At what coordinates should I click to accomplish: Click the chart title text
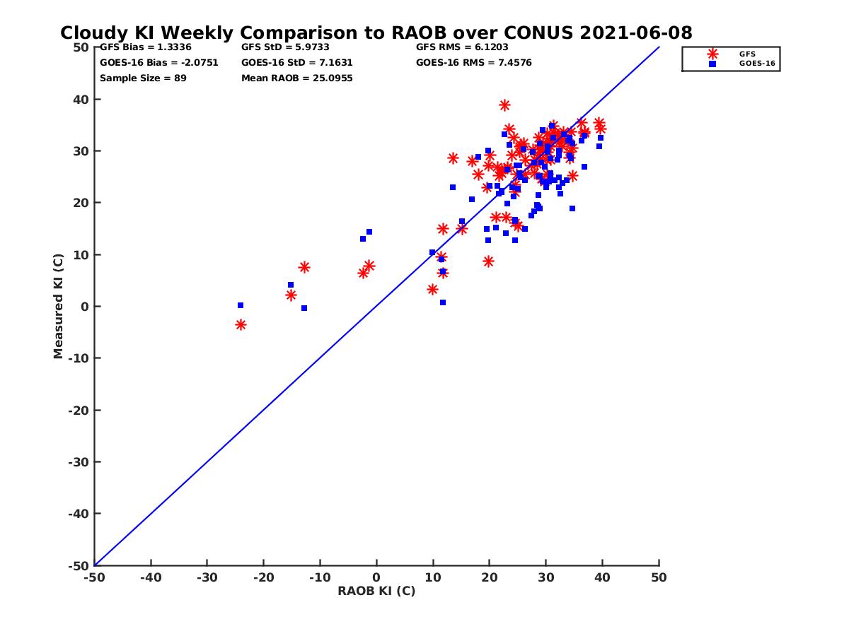(x=376, y=33)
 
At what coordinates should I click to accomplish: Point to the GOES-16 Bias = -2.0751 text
(x=159, y=62)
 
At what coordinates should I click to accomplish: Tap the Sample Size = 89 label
(x=143, y=78)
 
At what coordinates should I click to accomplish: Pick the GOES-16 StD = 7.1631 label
(x=296, y=62)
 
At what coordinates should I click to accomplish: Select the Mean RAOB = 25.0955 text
(x=296, y=78)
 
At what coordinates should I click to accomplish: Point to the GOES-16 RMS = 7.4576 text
(x=473, y=62)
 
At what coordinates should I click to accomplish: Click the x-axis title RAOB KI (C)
(x=376, y=591)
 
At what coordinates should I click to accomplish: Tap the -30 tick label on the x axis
(x=207, y=577)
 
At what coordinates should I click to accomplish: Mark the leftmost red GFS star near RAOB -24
(x=241, y=324)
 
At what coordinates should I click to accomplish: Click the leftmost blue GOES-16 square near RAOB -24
(x=241, y=305)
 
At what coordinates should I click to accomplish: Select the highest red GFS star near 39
(x=504, y=105)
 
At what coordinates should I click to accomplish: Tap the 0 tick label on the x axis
(x=376, y=577)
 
